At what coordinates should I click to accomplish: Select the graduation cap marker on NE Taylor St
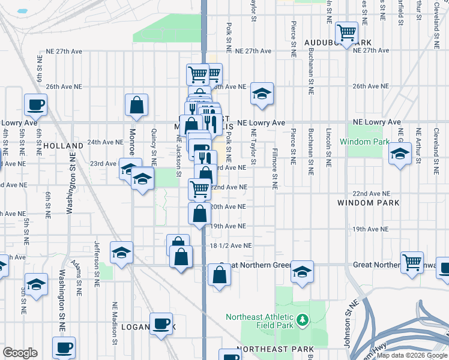[x=262, y=93]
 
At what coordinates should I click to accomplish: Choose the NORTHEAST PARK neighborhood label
[x=274, y=349]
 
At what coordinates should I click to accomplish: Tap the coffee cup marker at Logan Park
[x=161, y=323]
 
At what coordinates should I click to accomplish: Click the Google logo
[x=20, y=353]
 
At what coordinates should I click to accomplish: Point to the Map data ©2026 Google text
[x=411, y=355]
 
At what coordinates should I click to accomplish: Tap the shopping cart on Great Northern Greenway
[x=412, y=262]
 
